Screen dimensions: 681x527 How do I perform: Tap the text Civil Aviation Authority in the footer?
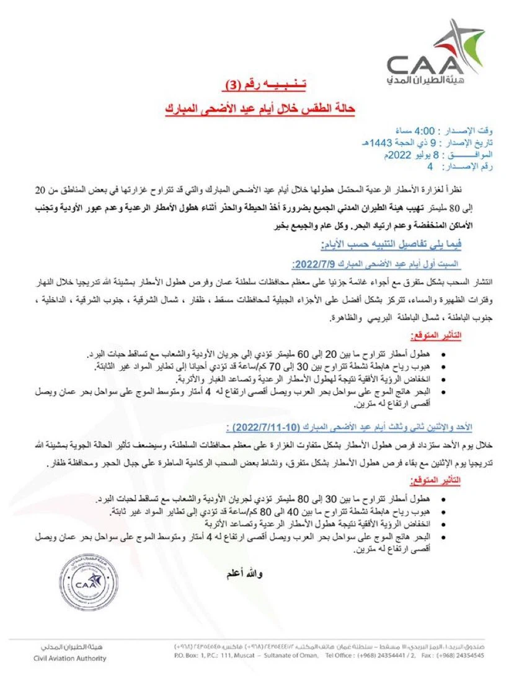pos(70,658)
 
